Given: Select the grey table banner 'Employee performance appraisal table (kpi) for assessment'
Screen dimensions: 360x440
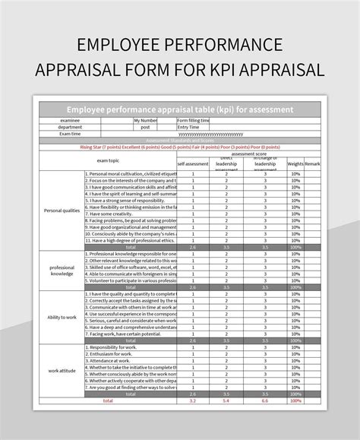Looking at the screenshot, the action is click(x=179, y=109).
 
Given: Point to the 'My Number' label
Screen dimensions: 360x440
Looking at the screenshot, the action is click(x=145, y=120).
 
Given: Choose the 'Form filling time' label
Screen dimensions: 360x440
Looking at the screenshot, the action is click(x=194, y=120).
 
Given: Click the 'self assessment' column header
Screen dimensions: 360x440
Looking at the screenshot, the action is click(x=193, y=163).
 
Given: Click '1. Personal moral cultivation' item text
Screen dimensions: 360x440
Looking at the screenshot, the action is click(x=131, y=173).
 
